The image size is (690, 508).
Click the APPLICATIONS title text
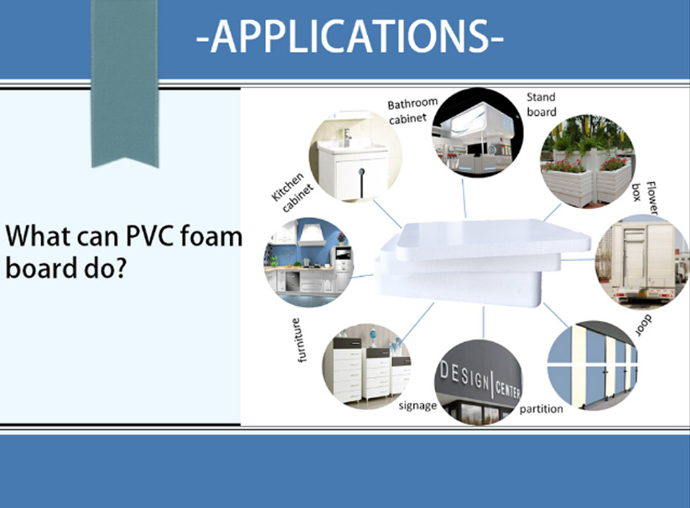tap(350, 36)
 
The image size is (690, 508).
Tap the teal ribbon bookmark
tap(125, 84)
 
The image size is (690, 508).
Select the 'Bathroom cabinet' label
tap(412, 111)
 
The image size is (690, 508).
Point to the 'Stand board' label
tap(542, 105)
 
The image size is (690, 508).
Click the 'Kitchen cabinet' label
tap(293, 192)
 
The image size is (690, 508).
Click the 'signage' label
tap(418, 406)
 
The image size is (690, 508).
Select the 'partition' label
tap(542, 409)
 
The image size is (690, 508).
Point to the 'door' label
tap(644, 325)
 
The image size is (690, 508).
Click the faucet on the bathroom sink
tap(347, 137)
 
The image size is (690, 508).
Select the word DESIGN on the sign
tap(464, 376)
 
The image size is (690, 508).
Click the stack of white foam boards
tap(483, 262)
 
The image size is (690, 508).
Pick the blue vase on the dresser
tap(373, 336)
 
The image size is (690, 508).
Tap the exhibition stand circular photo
tap(477, 132)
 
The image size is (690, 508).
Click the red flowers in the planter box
tap(560, 165)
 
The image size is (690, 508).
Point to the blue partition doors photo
tap(592, 365)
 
